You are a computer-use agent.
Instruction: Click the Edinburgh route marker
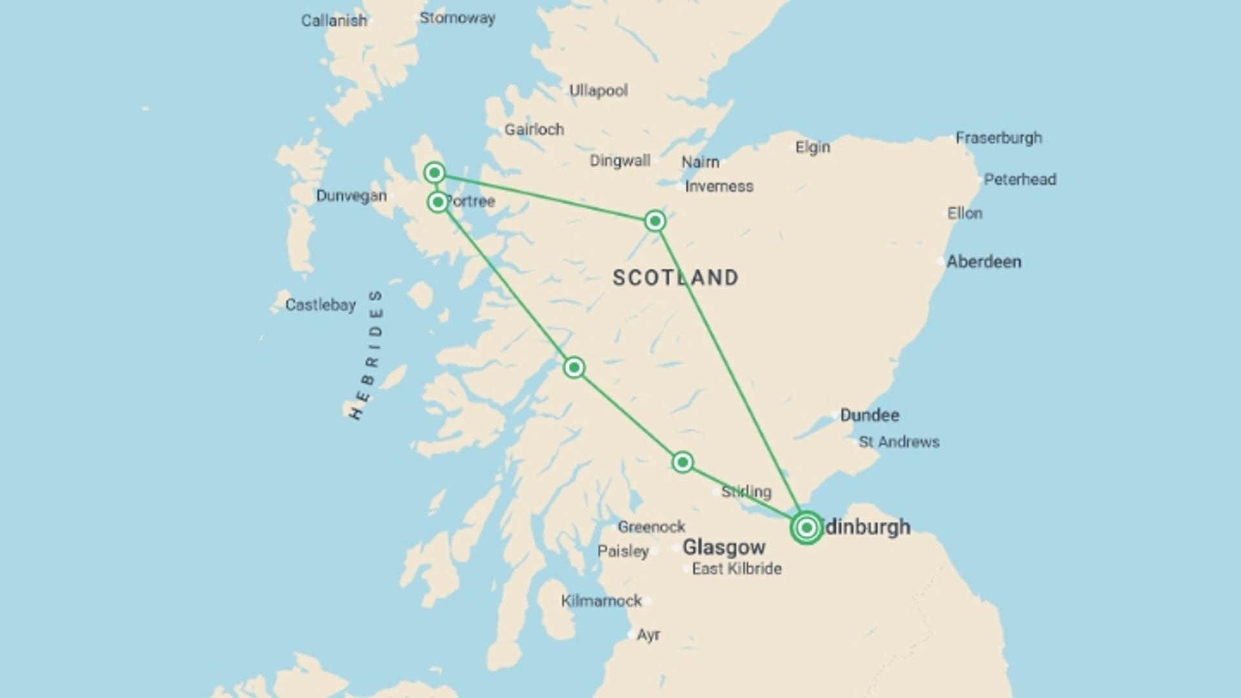point(806,528)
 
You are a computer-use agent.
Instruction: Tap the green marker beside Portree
point(438,202)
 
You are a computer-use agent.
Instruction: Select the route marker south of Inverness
point(655,221)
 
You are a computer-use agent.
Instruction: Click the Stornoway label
point(457,18)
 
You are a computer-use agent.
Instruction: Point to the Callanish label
point(334,21)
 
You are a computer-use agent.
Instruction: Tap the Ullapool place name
point(598,90)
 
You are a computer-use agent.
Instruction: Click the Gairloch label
point(534,130)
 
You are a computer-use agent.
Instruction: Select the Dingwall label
point(619,161)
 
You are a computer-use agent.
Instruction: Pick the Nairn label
point(700,162)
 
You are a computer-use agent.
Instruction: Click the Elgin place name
point(812,147)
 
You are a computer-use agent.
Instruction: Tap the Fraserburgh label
point(999,138)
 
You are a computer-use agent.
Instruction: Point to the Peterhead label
point(1020,180)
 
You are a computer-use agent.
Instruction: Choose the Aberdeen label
point(984,262)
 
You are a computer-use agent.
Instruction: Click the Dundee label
point(869,415)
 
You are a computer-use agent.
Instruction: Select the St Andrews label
point(899,442)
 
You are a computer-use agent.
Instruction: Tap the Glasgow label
point(724,547)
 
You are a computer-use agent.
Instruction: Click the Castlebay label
point(321,305)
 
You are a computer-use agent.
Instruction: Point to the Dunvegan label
point(351,196)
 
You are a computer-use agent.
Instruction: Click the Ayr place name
point(648,635)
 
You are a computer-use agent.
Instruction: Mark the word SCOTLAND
point(675,278)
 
